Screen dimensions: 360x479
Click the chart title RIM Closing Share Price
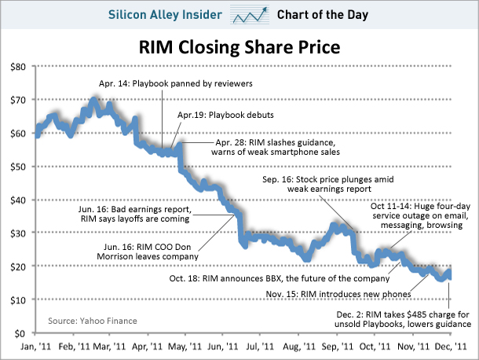(x=239, y=47)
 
